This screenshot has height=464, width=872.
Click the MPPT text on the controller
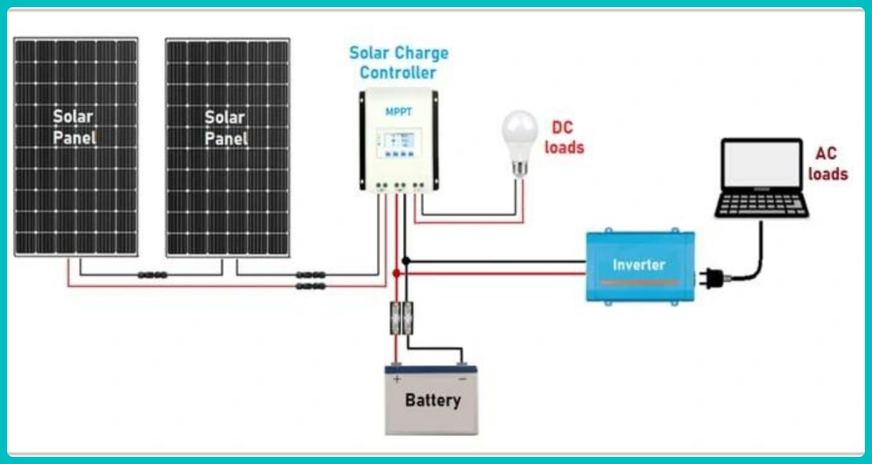pos(398,112)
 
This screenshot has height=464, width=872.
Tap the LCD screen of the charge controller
pos(399,140)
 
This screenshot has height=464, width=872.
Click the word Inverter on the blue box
pos(639,265)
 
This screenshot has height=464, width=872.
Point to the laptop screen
pos(761,163)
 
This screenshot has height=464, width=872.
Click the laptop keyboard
pos(762,205)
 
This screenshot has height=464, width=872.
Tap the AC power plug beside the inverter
pos(713,278)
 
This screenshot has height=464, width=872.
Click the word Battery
pos(432,400)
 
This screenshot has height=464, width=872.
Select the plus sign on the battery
pos(397,379)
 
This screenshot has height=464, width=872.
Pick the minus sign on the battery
pos(462,379)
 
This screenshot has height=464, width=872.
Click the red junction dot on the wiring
pos(396,273)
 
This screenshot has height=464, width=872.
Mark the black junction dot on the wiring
pos(406,261)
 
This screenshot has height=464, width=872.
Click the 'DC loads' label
pos(564,138)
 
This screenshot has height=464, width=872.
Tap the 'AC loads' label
pos(828,163)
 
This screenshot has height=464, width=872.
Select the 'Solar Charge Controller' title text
pos(399,63)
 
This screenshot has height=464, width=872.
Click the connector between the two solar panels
pos(153,275)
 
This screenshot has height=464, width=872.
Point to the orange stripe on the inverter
pos(638,283)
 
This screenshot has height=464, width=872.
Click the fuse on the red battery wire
pos(395,318)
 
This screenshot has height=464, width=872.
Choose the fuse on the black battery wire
pos(407,318)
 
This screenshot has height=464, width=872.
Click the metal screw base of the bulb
pos(520,168)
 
